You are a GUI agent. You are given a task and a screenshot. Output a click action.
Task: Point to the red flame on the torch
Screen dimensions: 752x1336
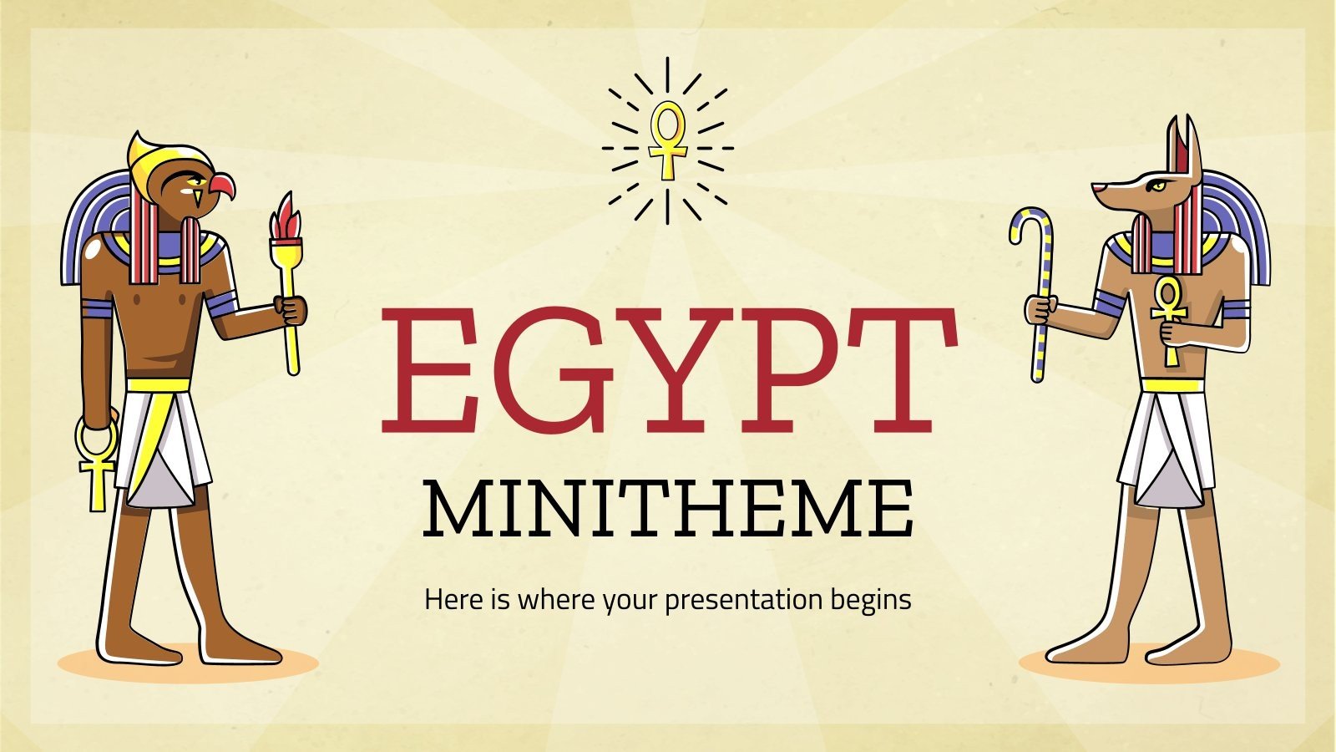(285, 216)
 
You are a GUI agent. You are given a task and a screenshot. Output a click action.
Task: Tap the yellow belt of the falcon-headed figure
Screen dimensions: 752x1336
(159, 385)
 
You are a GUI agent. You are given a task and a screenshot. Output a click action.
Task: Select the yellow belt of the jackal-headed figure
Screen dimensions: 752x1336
(1173, 385)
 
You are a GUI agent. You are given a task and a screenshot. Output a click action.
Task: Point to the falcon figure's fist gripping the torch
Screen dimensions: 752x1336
(290, 310)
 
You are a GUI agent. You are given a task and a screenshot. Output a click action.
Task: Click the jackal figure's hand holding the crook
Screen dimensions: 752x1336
(1040, 310)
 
